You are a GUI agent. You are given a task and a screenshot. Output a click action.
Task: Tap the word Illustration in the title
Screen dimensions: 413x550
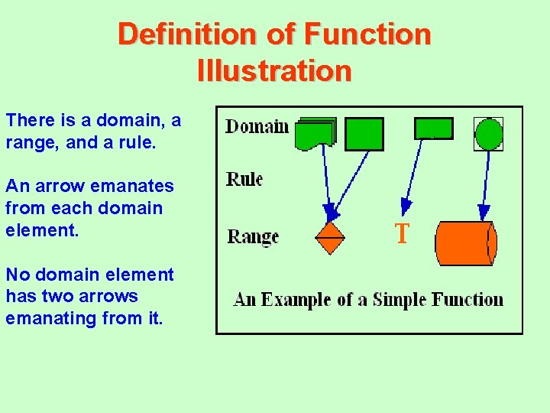[274, 71]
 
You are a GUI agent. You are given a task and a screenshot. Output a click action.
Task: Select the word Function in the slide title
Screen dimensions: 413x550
[367, 34]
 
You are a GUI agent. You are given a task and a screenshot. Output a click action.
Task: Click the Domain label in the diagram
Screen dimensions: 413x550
[257, 126]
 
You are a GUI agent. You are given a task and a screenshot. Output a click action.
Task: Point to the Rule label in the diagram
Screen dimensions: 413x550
[244, 180]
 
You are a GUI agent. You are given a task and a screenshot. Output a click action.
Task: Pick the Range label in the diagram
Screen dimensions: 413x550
[253, 236]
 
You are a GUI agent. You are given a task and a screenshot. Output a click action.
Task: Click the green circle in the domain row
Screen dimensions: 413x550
[489, 134]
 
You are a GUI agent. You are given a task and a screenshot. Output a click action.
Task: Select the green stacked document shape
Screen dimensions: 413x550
[314, 133]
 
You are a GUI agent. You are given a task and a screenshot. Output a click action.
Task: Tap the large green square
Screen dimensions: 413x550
[364, 133]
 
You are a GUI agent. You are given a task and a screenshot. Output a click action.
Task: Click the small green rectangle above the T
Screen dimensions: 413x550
[433, 128]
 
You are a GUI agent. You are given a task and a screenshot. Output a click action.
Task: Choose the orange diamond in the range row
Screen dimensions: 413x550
[330, 238]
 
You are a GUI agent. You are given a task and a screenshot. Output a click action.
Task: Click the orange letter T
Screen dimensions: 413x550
[402, 234]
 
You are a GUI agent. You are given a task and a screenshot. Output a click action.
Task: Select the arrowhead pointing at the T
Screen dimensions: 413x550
[406, 205]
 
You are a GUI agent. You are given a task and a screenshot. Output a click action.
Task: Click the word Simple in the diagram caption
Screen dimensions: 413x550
[400, 299]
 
